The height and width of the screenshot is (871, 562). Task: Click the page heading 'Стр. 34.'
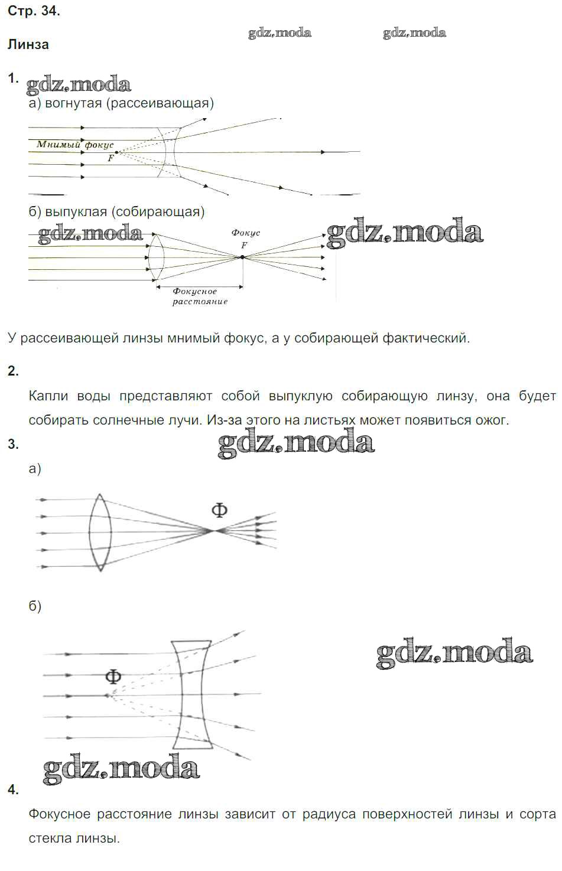(x=34, y=11)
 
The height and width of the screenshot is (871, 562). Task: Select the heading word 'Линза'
(x=28, y=45)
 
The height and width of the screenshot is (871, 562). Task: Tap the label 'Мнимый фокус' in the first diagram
(x=75, y=144)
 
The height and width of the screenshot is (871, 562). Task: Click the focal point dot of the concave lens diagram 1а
(x=116, y=152)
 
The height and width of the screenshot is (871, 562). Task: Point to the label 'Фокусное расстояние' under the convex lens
(x=200, y=296)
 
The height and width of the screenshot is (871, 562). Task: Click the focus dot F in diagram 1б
(x=242, y=257)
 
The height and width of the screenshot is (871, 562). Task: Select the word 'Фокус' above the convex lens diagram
(x=245, y=233)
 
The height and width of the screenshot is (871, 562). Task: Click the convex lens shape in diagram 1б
(x=155, y=257)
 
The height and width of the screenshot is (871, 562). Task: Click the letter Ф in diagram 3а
(x=219, y=511)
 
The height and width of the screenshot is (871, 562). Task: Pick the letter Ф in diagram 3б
(x=113, y=677)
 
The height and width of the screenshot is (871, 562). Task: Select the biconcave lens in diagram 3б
(x=191, y=694)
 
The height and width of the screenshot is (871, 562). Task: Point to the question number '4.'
(x=13, y=790)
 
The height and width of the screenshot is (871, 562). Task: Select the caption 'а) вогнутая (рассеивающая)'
(x=121, y=103)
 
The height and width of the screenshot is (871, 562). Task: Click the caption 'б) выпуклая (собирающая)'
(x=116, y=211)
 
